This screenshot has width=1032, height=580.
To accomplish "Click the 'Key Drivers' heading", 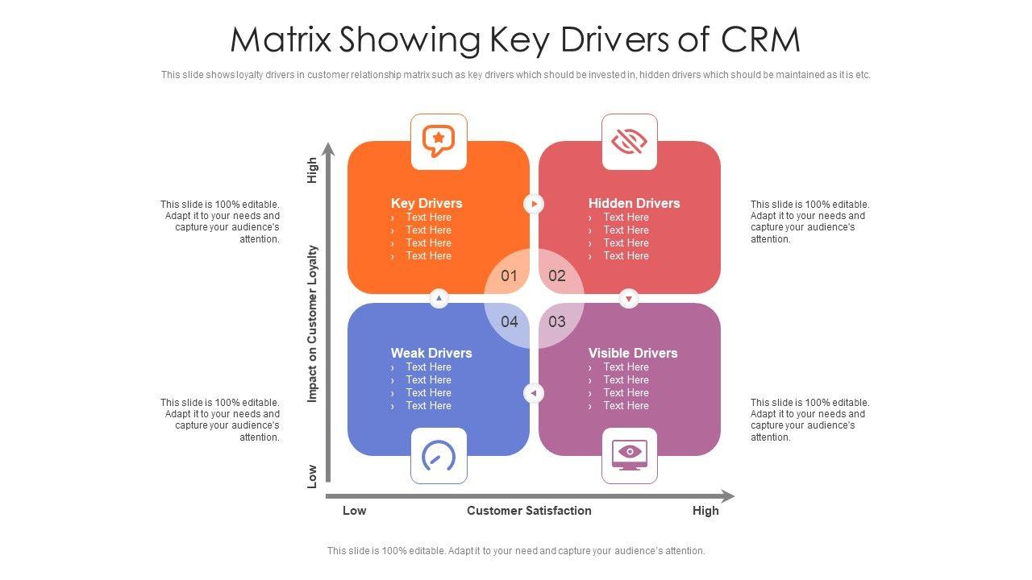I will tap(427, 203).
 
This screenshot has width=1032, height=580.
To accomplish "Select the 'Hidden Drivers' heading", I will tap(634, 203).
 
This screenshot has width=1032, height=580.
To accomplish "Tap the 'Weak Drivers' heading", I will tap(431, 353).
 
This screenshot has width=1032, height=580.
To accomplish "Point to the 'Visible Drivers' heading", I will tap(633, 353).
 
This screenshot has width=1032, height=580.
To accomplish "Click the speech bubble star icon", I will tap(439, 142).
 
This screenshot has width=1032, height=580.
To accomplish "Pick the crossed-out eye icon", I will tap(629, 142).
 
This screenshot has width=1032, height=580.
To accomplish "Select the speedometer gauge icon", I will tap(439, 456).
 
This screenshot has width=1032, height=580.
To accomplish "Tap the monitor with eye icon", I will tap(629, 455).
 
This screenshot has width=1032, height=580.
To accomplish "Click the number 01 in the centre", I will tap(509, 275).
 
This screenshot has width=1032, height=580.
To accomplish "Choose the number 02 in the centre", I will tap(557, 275).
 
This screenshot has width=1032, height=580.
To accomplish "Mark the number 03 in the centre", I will tap(557, 321).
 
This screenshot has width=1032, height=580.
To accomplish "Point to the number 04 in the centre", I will tap(509, 321).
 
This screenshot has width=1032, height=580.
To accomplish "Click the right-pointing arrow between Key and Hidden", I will tap(534, 204).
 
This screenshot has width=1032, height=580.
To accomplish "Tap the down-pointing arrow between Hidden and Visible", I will tap(629, 299).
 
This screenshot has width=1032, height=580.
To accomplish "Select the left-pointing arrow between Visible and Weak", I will tap(534, 393).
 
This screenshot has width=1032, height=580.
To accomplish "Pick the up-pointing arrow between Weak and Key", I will tap(439, 299).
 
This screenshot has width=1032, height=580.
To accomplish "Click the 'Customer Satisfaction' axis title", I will tap(529, 510).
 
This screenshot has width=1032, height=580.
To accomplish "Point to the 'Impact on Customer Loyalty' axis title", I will tap(313, 324).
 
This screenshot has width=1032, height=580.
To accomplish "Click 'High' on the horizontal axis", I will tap(705, 510).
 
